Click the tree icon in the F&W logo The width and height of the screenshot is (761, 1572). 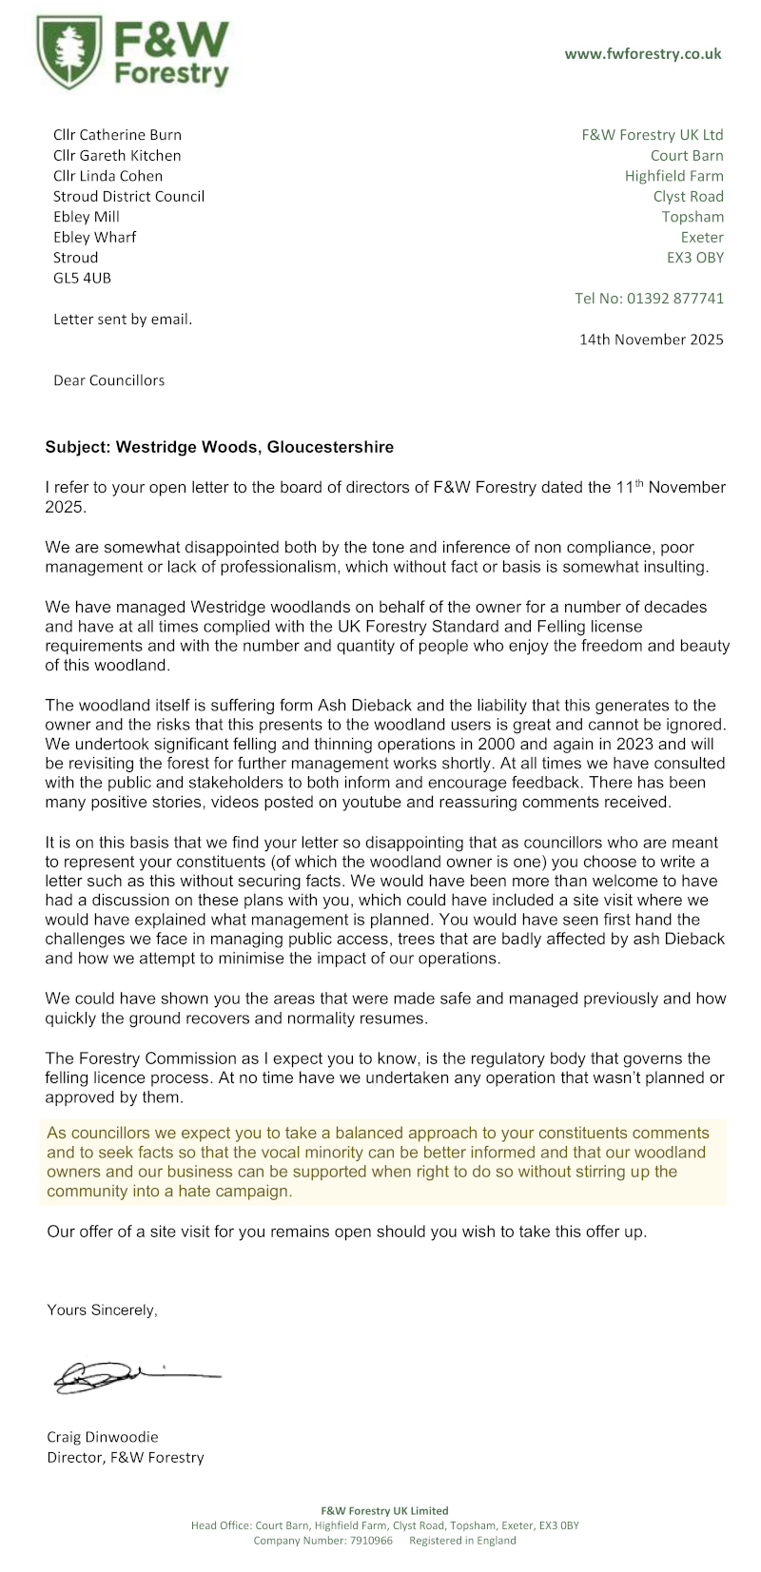[x=69, y=51]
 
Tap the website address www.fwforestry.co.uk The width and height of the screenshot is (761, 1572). [x=643, y=54]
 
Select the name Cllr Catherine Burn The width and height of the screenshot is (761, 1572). [x=117, y=135]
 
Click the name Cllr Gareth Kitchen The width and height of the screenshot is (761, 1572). [x=117, y=155]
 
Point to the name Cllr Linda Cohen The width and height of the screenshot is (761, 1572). [x=107, y=176]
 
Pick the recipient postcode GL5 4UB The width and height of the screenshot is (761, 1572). [x=82, y=278]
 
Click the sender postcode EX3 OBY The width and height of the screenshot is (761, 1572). [x=694, y=258]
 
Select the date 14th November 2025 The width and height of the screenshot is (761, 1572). [x=651, y=340]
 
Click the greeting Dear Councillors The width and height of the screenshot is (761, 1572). [x=108, y=380]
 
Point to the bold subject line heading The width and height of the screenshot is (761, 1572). [x=219, y=447]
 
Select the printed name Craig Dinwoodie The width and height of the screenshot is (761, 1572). [x=103, y=1436]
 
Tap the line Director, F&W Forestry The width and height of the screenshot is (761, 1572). [x=125, y=1457]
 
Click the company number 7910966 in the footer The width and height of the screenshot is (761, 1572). [x=370, y=1541]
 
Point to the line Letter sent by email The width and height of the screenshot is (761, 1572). [x=123, y=320]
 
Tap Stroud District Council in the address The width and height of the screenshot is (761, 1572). [x=128, y=197]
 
